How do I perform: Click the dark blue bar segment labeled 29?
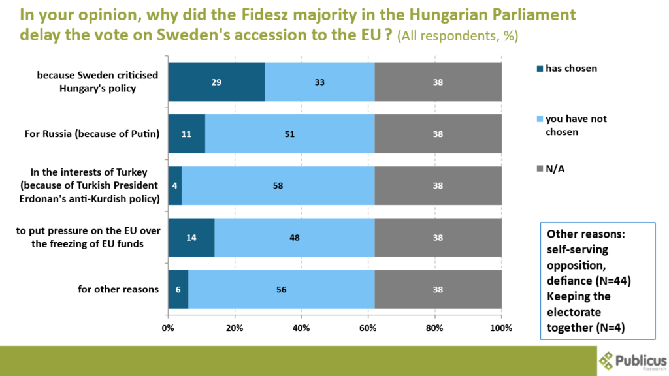pos(216,82)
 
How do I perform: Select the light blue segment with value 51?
pos(289,134)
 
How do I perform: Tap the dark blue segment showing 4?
pos(174,185)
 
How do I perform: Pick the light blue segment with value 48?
pos(294,238)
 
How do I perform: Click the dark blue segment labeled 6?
pos(178,289)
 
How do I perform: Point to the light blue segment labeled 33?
pos(319,82)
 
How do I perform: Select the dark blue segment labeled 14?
pos(191,238)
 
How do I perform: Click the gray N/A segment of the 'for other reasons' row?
pos(438,289)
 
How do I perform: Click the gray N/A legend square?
pos(539,170)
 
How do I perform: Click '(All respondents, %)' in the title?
pos(457,37)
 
